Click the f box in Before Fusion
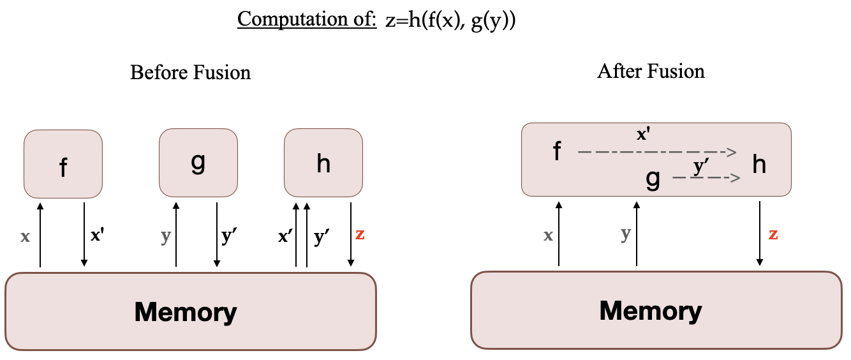click(x=63, y=164)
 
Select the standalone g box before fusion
click(x=198, y=163)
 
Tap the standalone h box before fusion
click(x=323, y=163)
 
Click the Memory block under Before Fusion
click(x=190, y=311)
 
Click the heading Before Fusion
click(x=190, y=72)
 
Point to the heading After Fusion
click(x=651, y=70)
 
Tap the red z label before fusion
click(x=360, y=234)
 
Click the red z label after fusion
click(x=773, y=234)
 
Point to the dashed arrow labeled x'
click(x=657, y=152)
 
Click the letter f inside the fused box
click(x=557, y=152)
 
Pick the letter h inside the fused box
click(x=759, y=165)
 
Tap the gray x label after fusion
click(x=547, y=236)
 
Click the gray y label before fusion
click(x=166, y=236)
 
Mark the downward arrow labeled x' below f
click(x=84, y=234)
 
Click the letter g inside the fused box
click(x=653, y=179)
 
